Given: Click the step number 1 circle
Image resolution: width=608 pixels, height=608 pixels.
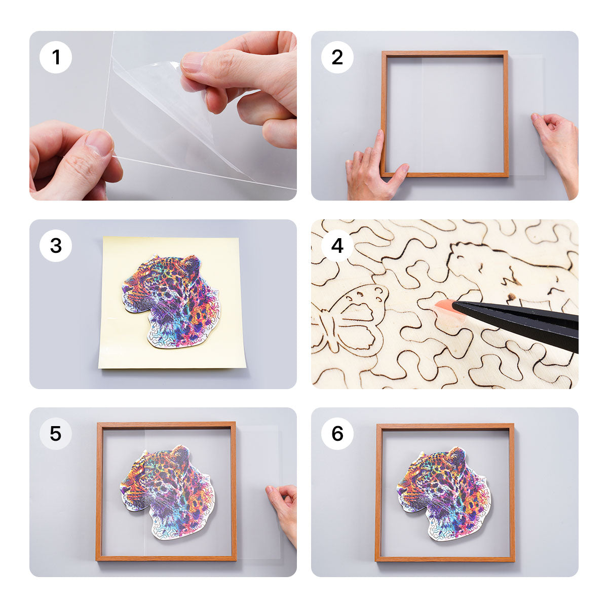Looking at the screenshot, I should click(x=56, y=57).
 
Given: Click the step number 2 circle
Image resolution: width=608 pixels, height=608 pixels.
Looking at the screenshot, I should click(x=337, y=57).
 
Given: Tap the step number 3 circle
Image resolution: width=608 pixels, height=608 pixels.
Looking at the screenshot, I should click(x=56, y=246).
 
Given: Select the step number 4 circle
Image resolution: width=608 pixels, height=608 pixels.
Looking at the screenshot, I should click(x=337, y=246).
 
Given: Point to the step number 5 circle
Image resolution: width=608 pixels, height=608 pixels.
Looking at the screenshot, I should click(x=56, y=434).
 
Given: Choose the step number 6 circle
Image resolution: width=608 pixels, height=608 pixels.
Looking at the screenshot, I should click(x=337, y=434).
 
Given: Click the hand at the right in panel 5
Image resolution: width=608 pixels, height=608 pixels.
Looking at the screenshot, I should click(x=284, y=507).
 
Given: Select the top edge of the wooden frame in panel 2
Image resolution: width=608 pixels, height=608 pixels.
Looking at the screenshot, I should click(x=445, y=53).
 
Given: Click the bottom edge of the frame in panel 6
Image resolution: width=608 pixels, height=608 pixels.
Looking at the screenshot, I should click(x=445, y=559).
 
